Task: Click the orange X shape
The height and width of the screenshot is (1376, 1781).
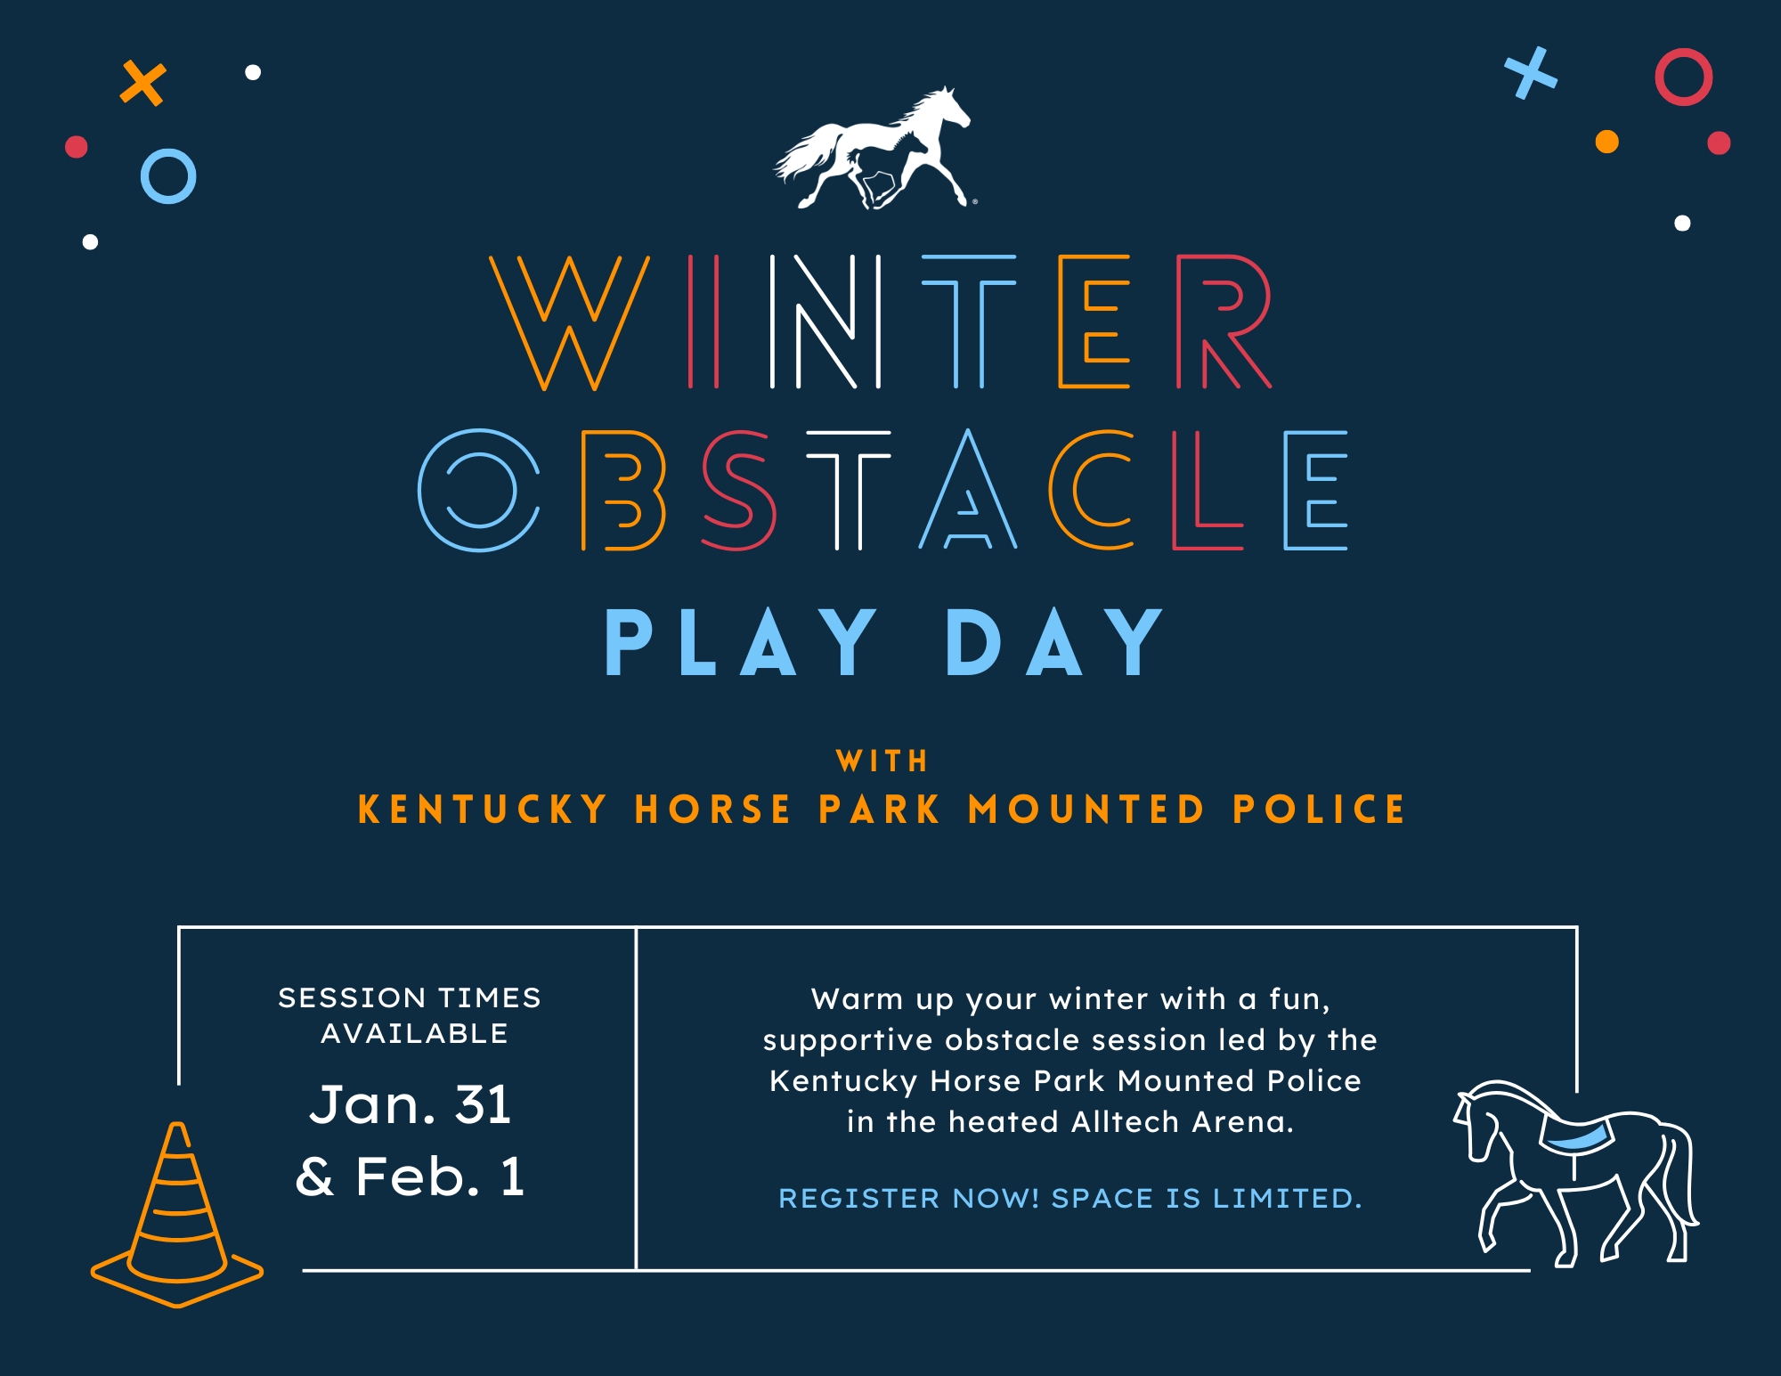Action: (x=143, y=83)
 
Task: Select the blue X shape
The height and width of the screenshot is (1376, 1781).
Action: (x=1531, y=73)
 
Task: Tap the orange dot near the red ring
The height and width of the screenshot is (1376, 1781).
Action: (x=1606, y=142)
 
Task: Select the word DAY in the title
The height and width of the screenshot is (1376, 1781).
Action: (x=1054, y=642)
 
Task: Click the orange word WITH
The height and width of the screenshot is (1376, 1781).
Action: (x=882, y=761)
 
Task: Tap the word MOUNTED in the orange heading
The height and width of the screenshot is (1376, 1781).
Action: (x=1086, y=810)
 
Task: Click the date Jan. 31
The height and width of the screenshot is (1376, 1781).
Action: (x=410, y=1105)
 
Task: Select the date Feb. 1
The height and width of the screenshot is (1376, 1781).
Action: (x=440, y=1177)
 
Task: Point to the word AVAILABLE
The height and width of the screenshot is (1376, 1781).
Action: (x=414, y=1033)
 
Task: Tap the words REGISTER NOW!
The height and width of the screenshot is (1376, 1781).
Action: (x=908, y=1198)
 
